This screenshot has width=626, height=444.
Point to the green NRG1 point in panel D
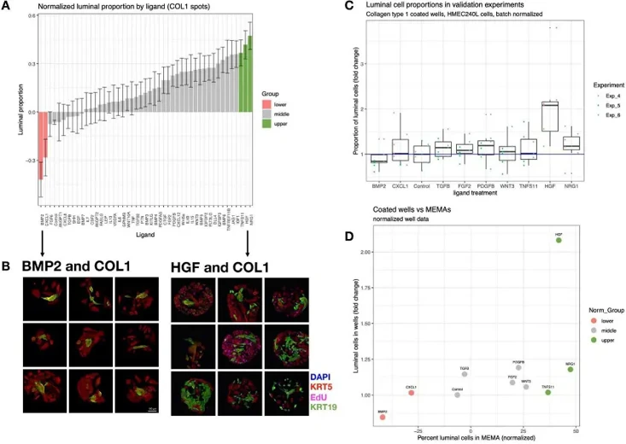pyautogui.click(x=570, y=369)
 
